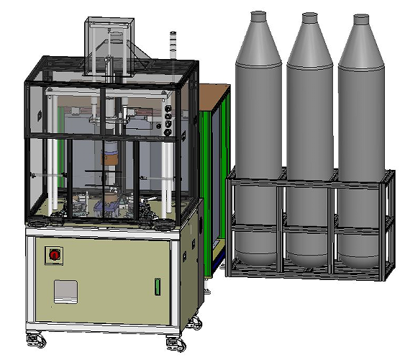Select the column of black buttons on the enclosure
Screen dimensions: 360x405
pos(168,120)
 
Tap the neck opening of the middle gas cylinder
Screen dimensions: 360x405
pos(309,15)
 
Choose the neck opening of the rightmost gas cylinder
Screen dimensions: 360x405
pos(360,17)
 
